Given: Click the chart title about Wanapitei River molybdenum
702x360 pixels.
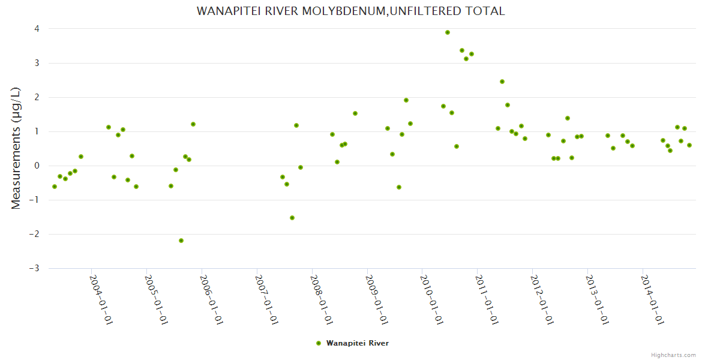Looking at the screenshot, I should [350, 11].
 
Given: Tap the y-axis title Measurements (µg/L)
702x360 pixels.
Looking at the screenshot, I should [16, 148].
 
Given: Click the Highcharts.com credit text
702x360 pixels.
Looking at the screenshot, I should [673, 355].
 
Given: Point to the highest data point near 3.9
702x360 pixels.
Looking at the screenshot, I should [448, 32].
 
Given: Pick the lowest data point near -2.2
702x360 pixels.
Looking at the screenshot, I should [181, 241].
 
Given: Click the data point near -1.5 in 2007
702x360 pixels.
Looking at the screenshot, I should [292, 218].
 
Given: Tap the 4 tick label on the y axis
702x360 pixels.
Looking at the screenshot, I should [37, 29].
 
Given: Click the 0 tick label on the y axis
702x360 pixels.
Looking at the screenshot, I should [37, 166].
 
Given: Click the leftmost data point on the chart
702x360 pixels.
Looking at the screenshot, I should [55, 187].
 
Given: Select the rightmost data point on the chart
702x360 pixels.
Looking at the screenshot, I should [689, 145].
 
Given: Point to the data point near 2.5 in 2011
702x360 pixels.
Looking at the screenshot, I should [502, 82].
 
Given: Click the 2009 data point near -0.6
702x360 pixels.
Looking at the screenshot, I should [399, 187].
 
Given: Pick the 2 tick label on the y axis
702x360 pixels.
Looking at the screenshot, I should [37, 97].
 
